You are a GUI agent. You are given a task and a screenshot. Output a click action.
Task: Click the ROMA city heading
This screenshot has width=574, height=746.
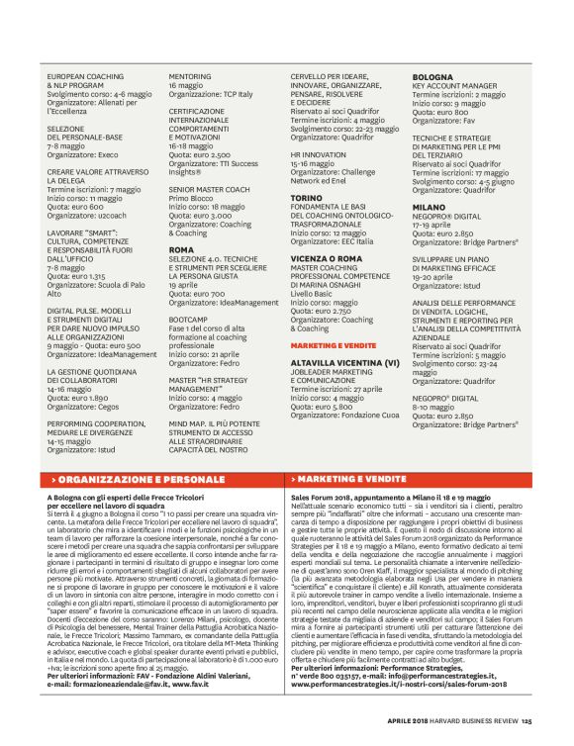coord(181,250)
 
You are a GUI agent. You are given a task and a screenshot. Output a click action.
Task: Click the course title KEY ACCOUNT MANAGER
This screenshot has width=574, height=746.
coord(455,86)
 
